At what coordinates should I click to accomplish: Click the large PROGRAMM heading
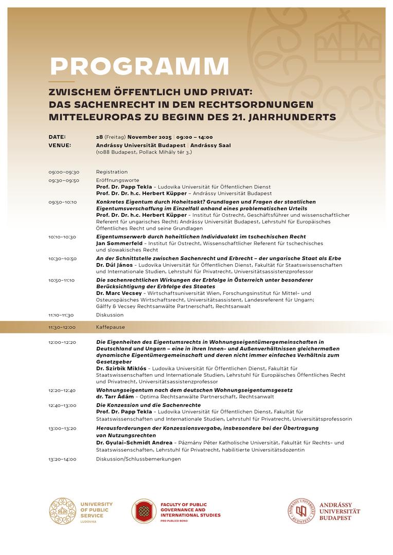point(139,66)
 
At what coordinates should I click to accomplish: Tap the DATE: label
point(57,137)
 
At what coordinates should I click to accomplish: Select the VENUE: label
point(60,145)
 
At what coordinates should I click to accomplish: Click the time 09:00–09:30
point(64,172)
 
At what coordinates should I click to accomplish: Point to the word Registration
point(112,172)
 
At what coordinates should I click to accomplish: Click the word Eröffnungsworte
point(117,180)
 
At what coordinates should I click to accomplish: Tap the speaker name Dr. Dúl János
point(115,265)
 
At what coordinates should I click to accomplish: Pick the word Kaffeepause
point(110,327)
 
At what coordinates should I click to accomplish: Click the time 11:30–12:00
point(62,327)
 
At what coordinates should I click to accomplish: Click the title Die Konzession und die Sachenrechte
point(148,405)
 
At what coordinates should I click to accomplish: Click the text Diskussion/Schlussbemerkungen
point(138,459)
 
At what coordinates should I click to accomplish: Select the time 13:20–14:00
point(62,459)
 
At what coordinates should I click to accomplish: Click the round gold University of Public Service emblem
point(62,511)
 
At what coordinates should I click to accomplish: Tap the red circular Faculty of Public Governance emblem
point(144,511)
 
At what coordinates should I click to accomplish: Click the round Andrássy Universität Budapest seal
point(301,511)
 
